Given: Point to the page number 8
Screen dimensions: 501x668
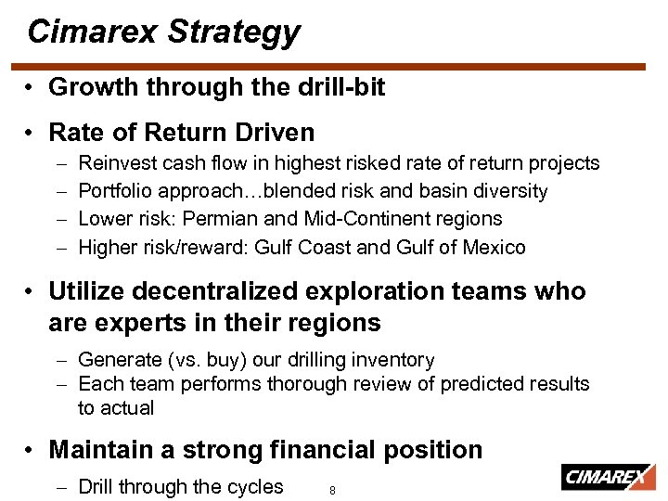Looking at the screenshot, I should [332, 491].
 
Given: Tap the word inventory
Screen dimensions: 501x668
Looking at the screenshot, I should [395, 359].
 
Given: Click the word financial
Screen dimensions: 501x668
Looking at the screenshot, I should [302, 450].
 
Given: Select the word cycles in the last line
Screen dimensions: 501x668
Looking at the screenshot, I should [255, 487].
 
